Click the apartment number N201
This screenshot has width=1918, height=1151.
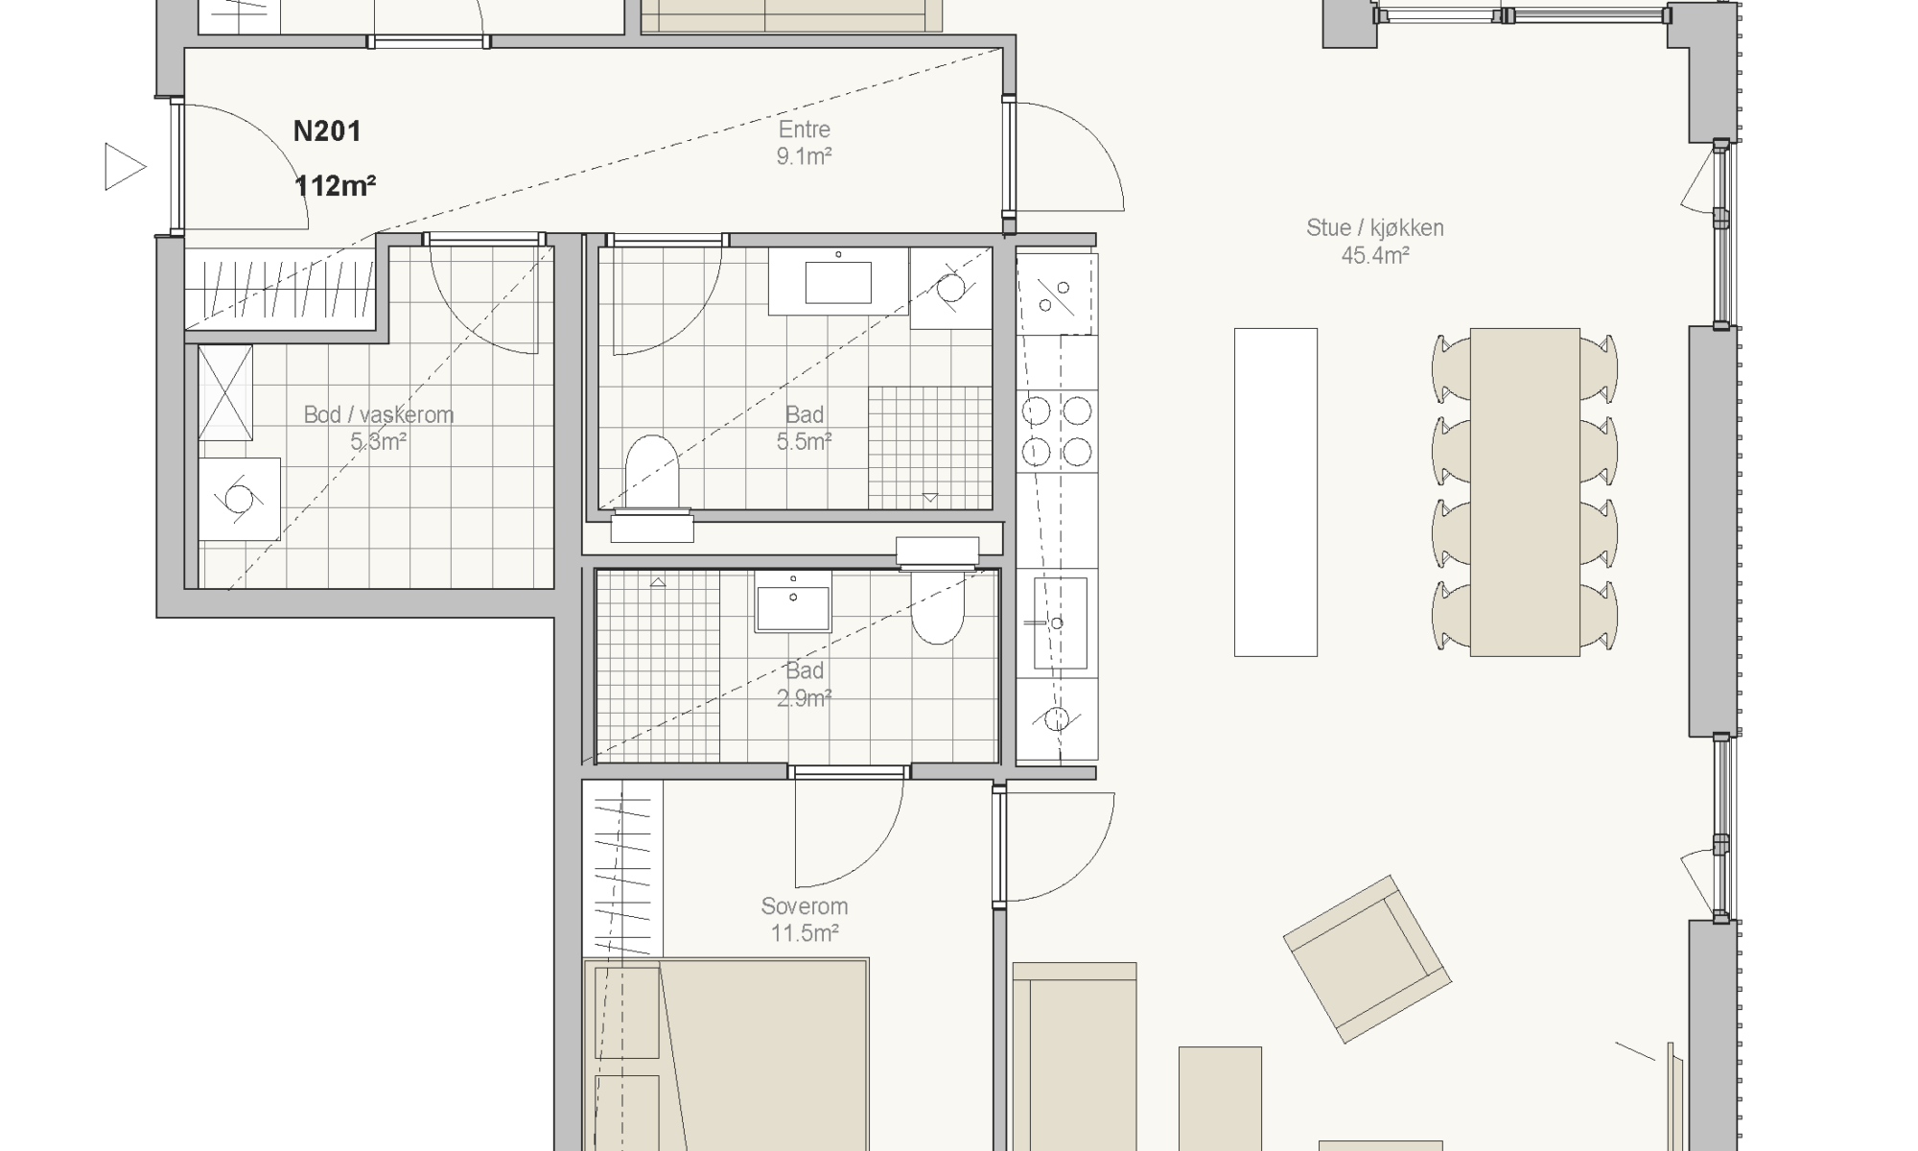[x=327, y=131]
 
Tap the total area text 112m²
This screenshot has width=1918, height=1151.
[x=335, y=185]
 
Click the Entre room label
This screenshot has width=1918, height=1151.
[x=804, y=129]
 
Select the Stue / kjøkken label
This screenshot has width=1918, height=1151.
[x=1374, y=228]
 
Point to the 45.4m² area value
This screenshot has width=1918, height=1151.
[x=1374, y=256]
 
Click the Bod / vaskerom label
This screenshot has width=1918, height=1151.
[x=379, y=414]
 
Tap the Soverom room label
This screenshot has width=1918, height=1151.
[x=804, y=906]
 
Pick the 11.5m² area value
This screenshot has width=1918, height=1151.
[x=804, y=933]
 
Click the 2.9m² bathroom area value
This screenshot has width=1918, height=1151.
[x=804, y=698]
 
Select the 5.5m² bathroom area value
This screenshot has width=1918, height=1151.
[x=804, y=442]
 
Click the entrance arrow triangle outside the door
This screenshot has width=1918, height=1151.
[x=125, y=167]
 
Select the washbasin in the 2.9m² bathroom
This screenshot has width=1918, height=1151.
[x=793, y=601]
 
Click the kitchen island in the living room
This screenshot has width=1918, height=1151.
[x=1275, y=492]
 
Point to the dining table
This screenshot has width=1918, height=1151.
[x=1525, y=492]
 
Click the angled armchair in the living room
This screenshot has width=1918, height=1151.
[x=1367, y=959]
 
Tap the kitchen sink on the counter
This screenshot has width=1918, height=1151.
[x=1060, y=622]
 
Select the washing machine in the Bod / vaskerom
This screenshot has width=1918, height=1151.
[x=239, y=498]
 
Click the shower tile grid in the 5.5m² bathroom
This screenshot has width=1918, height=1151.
[x=930, y=447]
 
